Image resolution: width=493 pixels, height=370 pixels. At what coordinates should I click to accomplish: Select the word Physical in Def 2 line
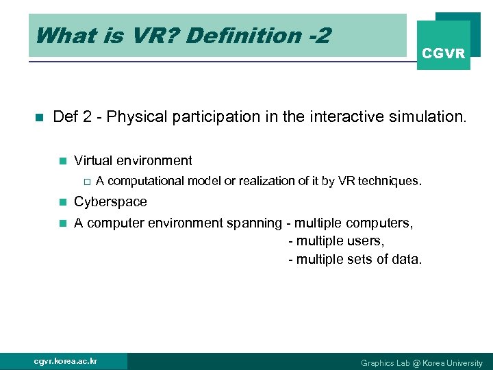pos(133,116)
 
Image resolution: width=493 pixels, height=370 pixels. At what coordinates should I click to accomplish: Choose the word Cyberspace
pos(110,201)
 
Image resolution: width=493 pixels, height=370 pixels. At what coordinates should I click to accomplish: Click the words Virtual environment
pos(133,160)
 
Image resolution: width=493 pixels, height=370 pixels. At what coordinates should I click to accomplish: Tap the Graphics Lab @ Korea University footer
pos(422,362)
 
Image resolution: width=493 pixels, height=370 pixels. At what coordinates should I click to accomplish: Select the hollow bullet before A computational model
pos(86,182)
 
